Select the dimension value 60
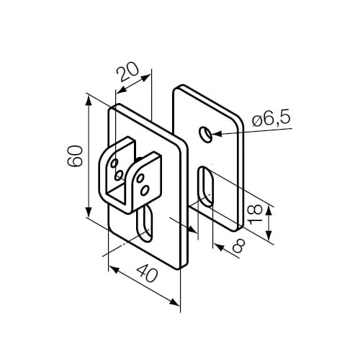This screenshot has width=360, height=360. pyautogui.click(x=73, y=156)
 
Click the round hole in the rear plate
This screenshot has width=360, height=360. pyautogui.click(x=207, y=133)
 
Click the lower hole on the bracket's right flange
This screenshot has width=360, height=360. pyautogui.click(x=145, y=189)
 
